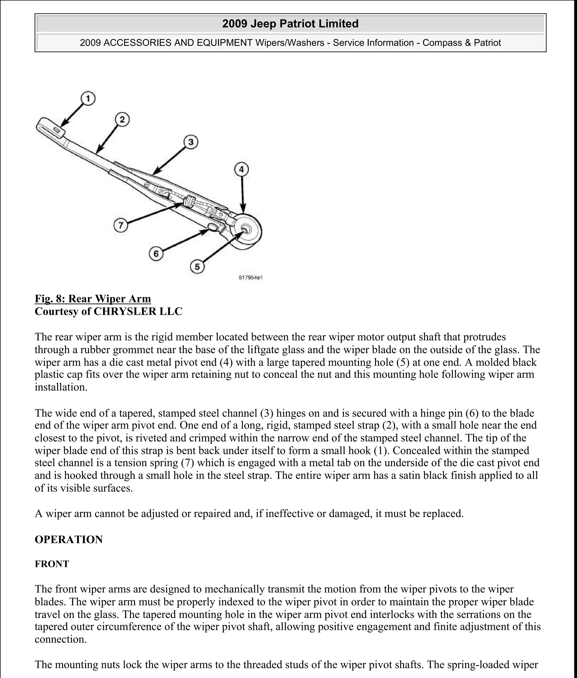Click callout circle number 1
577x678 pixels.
pyautogui.click(x=88, y=98)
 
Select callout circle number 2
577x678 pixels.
pyautogui.click(x=122, y=120)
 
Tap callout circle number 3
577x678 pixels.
pyautogui.click(x=191, y=142)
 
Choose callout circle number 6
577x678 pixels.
pyautogui.click(x=156, y=254)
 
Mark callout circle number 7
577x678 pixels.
pyautogui.click(x=121, y=225)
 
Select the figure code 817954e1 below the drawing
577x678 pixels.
pyautogui.click(x=251, y=278)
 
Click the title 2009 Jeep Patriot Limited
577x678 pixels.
pyautogui.click(x=290, y=24)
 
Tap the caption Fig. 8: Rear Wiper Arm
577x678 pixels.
pyautogui.click(x=93, y=299)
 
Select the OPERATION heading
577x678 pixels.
pyautogui.click(x=69, y=539)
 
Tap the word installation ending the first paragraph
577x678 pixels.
pyautogui.click(x=61, y=387)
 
